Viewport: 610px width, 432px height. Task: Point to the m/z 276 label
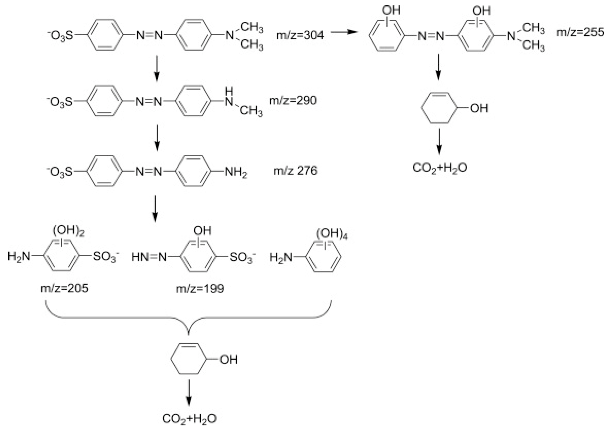295,171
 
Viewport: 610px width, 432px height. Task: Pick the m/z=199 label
200,288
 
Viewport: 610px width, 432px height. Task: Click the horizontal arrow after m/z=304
343,32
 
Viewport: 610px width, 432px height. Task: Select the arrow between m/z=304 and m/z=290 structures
157,68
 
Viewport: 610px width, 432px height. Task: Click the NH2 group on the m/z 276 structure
236,172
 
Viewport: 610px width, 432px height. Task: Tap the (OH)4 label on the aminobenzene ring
332,234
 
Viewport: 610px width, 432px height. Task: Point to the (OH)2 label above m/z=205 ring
68,231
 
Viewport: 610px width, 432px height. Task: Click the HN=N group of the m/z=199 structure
149,257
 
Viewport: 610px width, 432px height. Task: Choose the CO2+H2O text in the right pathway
440,168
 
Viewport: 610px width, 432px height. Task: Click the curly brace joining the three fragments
189,318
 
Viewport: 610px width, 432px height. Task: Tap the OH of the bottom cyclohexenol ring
228,360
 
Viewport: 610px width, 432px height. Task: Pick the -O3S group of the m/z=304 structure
61,36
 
